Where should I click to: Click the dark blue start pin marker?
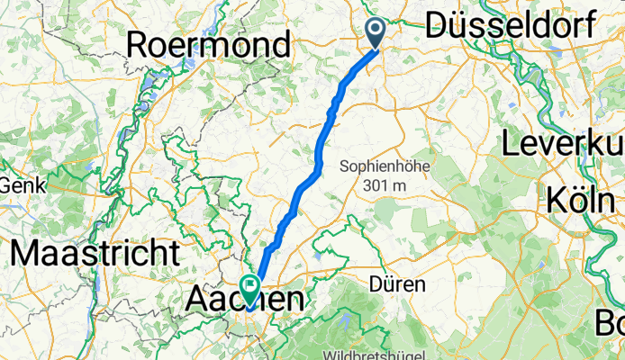[376, 32]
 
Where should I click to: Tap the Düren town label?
[397, 283]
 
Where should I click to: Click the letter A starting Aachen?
[199, 300]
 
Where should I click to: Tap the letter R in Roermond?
[141, 44]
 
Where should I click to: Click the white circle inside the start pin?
[376, 30]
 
